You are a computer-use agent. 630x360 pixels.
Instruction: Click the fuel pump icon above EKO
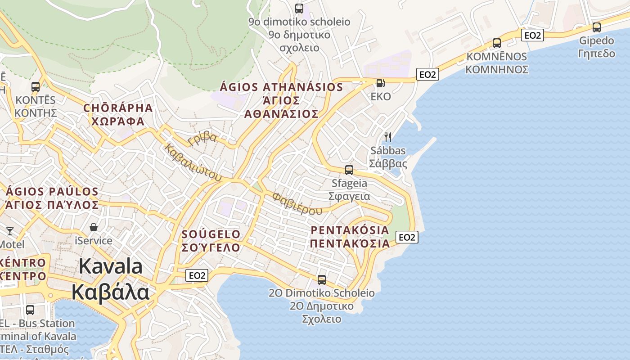point(380,83)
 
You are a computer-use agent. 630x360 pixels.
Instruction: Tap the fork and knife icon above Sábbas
point(387,137)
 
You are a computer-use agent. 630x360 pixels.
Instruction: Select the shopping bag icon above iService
point(94,227)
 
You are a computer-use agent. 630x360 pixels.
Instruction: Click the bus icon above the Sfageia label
point(349,170)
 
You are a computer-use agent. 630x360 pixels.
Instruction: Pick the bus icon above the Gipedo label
point(597,27)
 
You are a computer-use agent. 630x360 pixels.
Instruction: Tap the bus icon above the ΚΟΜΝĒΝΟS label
point(497,43)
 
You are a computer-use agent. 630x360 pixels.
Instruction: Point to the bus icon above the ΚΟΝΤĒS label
point(36,86)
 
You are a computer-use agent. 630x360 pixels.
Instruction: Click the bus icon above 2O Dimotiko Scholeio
point(322,279)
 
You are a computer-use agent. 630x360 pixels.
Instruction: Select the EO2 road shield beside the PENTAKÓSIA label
point(407,237)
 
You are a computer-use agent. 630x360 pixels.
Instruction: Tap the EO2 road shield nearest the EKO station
point(427,74)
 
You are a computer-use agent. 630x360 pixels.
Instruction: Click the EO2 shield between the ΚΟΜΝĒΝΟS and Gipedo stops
point(532,35)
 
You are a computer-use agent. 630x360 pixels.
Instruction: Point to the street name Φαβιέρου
point(297,204)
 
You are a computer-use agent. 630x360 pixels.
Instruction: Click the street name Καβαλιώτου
point(193,162)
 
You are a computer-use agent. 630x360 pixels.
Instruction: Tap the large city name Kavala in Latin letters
point(111,266)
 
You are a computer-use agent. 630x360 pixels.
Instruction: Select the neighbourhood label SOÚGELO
point(211,234)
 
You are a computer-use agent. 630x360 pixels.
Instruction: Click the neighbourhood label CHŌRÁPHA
point(118,108)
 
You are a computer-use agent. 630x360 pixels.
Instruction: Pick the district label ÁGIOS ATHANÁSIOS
point(281,87)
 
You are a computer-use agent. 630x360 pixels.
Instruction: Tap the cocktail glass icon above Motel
point(10,231)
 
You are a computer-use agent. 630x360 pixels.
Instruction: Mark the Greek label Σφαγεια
point(349,196)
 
